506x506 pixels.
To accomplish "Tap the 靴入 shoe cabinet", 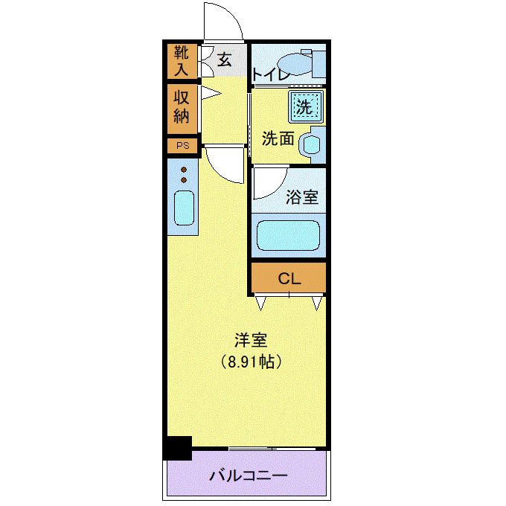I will pyautogui.click(x=182, y=61).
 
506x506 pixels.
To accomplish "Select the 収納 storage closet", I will pyautogui.click(x=182, y=107).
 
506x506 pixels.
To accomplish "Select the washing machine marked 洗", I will pyautogui.click(x=304, y=106).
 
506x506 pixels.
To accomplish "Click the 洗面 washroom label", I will pyautogui.click(x=278, y=139).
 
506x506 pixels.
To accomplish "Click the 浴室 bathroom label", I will pyautogui.click(x=302, y=197).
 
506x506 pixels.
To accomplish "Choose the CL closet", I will pyautogui.click(x=288, y=279).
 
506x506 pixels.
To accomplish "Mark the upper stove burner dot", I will pyautogui.click(x=183, y=170).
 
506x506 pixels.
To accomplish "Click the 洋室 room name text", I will pyautogui.click(x=251, y=340).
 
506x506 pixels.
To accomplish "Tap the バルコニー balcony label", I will pyautogui.click(x=247, y=475).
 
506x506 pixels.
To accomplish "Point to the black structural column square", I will pyautogui.click(x=178, y=448).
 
